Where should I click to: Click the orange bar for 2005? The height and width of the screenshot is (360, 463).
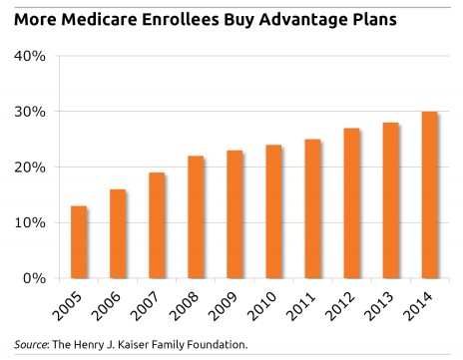79,242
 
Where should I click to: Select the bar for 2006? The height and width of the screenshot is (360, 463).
117,234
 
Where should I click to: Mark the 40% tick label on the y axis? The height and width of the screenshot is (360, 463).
29,56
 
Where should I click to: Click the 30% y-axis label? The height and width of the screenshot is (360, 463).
29,112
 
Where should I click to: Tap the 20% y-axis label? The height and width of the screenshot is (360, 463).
29,168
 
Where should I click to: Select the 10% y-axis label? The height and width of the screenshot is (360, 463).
29,223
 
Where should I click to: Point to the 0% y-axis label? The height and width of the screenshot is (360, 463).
33,278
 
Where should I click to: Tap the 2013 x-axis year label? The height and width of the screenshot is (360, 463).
378,307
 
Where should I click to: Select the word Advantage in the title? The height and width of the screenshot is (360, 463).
306,17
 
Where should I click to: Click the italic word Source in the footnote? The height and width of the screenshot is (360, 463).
26,345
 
